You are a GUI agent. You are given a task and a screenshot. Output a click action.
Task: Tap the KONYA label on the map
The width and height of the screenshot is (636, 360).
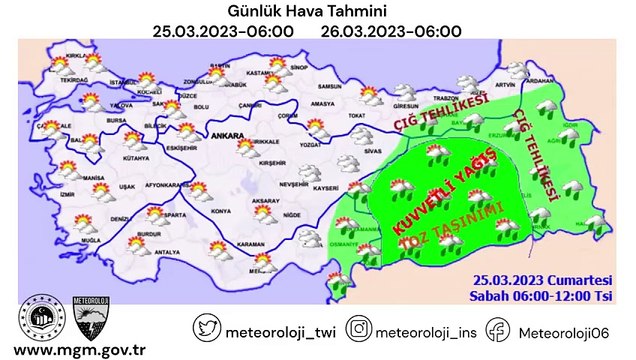221,210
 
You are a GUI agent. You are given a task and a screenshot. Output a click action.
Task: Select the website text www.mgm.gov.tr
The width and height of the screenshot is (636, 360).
76,349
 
